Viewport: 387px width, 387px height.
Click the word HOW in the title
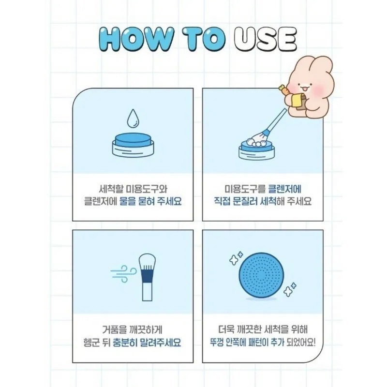pos(136,39)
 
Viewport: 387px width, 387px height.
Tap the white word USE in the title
pos(265,39)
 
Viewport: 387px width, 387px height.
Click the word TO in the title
pos(204,39)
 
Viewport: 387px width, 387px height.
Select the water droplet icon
pos(133,119)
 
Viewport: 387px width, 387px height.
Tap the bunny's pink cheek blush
pos(320,89)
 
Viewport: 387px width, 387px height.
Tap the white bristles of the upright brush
pos(147,262)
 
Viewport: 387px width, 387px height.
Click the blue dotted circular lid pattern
pos(261,275)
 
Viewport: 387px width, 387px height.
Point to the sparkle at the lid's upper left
pos(236,258)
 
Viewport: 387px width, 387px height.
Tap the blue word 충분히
pos(125,342)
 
